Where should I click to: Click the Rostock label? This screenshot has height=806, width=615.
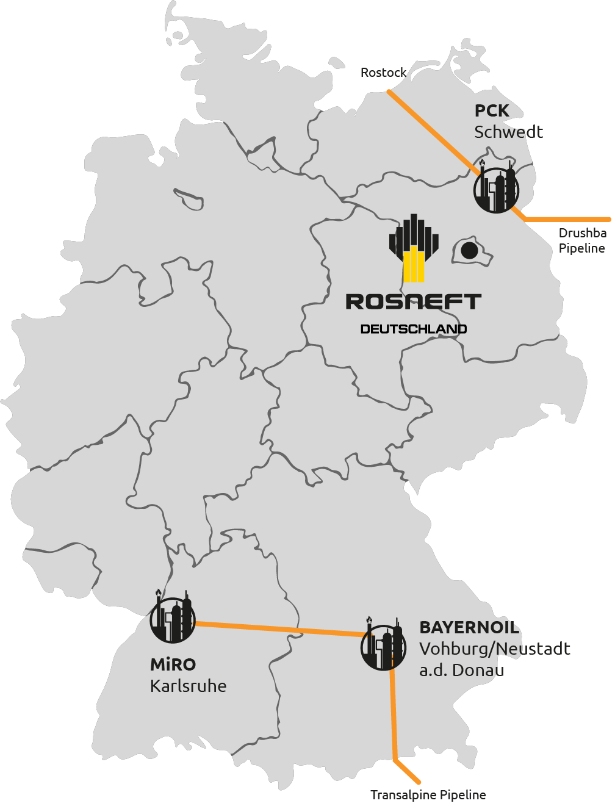(x=383, y=73)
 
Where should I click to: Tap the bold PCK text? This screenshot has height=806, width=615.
(x=492, y=111)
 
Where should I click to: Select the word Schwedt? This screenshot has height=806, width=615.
(x=508, y=132)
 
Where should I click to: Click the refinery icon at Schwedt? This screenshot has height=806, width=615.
(x=496, y=186)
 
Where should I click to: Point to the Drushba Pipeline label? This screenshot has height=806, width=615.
(x=582, y=240)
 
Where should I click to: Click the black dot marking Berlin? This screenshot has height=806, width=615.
(x=469, y=251)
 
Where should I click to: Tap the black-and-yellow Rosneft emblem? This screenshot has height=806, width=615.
(x=414, y=248)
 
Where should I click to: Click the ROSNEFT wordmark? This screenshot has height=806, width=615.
(x=414, y=301)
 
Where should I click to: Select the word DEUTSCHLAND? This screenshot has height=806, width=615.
(x=414, y=329)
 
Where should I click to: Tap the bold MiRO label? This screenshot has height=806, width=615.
(x=173, y=664)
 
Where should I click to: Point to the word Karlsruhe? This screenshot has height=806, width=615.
(x=188, y=686)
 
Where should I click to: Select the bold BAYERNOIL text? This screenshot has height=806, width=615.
(x=469, y=628)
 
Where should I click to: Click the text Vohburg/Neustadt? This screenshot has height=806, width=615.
(x=495, y=649)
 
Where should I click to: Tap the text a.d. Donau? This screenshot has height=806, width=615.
(x=461, y=670)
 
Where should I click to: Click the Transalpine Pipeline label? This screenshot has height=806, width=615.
(x=428, y=795)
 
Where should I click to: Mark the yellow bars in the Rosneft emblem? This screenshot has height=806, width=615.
(x=414, y=264)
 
